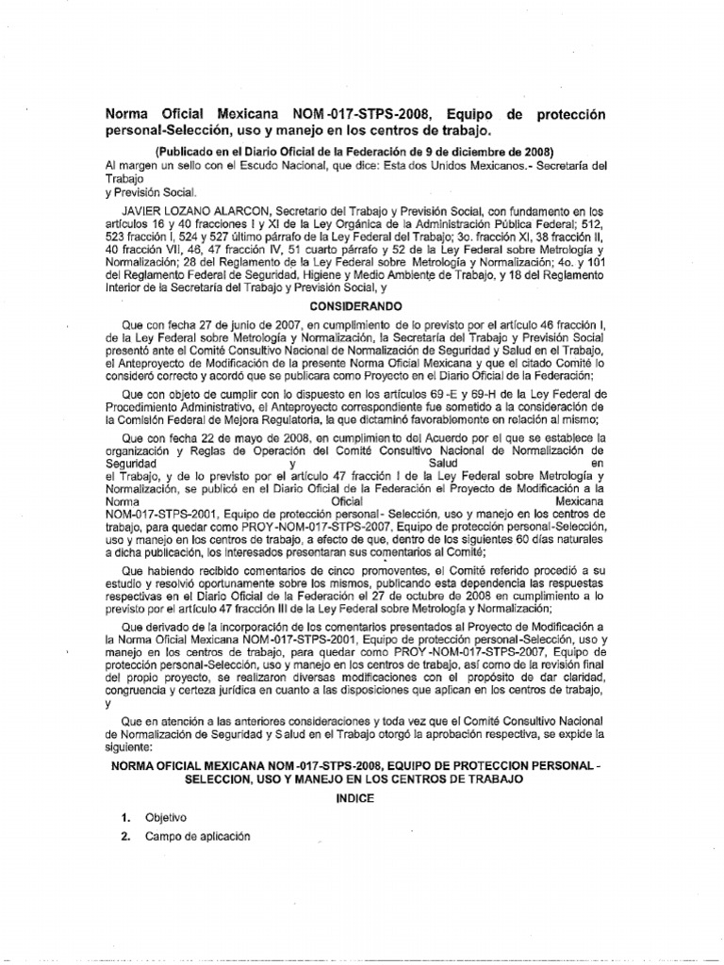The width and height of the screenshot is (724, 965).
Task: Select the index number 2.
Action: pyautogui.click(x=124, y=836)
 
